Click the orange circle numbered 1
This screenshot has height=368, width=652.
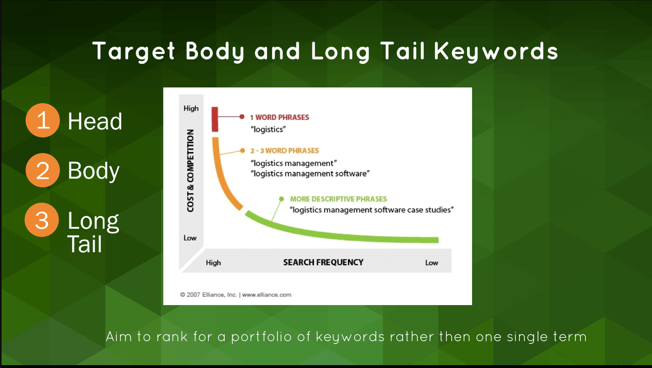tap(43, 120)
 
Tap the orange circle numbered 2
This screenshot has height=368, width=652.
tap(43, 170)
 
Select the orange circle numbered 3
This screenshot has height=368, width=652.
tap(42, 220)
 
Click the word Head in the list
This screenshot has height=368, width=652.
tap(95, 121)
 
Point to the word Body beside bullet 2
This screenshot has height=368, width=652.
tap(94, 171)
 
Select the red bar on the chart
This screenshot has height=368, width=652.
tap(215, 119)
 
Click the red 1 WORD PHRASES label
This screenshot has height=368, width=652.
tap(279, 117)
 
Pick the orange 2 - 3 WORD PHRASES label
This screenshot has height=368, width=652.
tap(285, 151)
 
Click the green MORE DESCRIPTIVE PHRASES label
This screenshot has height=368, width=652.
tap(339, 199)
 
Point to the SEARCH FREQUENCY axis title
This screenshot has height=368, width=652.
tap(323, 262)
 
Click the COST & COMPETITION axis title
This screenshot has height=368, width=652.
tap(190, 170)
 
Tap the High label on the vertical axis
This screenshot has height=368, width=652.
tap(191, 108)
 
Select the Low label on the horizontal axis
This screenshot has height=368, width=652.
tap(432, 263)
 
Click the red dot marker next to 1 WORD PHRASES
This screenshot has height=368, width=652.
tap(242, 117)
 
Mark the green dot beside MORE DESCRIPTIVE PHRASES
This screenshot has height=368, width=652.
tap(281, 199)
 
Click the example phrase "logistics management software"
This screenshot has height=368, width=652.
tap(310, 174)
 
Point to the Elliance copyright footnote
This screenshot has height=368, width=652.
tap(236, 294)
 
